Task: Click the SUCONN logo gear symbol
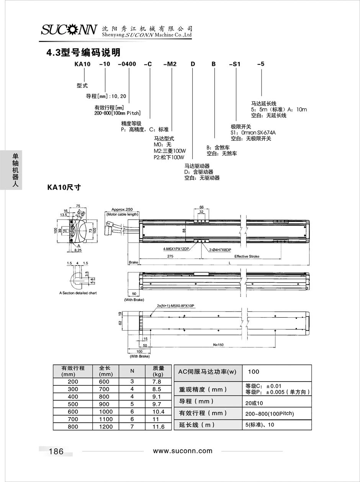point(71,30)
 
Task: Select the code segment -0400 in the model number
point(127,64)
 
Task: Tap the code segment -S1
point(235,64)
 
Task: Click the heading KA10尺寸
point(64,187)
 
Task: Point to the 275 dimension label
point(170,256)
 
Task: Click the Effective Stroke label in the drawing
point(247,256)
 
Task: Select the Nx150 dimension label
point(218,344)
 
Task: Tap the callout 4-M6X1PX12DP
point(176,249)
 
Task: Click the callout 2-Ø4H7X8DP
point(220,250)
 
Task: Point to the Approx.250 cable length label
point(122,210)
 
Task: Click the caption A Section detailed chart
point(78,293)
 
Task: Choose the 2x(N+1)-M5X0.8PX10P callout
point(175,305)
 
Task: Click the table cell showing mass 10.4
point(158,412)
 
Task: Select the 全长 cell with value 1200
point(106,426)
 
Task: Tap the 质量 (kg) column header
point(158,371)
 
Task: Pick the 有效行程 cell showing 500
point(73,404)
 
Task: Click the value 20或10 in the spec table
point(254,403)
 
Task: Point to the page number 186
point(56,451)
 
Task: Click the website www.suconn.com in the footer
point(183,451)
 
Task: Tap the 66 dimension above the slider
point(201,207)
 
